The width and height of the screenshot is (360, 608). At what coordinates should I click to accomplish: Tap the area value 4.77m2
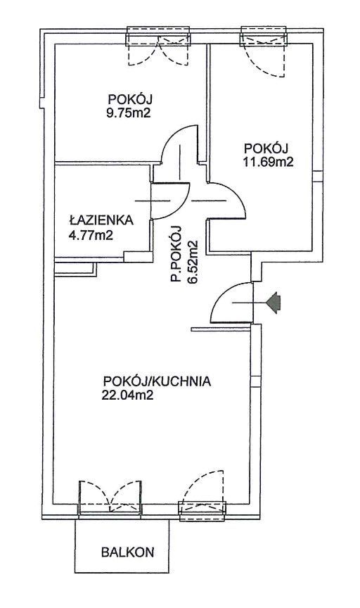(x=91, y=234)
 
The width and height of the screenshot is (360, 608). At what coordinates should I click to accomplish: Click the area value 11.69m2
(x=267, y=160)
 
